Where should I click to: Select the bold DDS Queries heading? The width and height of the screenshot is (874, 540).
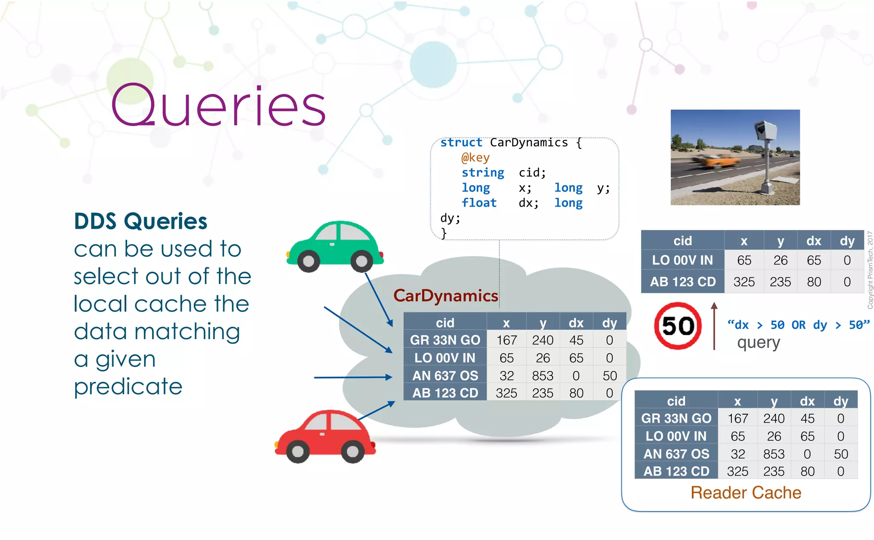[x=140, y=221]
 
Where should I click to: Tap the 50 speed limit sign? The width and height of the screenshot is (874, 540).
[x=678, y=326]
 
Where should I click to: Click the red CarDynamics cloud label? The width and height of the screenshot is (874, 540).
[x=445, y=296]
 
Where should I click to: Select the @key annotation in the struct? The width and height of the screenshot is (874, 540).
[x=475, y=157]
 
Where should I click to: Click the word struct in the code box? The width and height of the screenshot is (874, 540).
[x=461, y=142]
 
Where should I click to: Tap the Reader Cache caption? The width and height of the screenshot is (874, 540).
[x=746, y=493]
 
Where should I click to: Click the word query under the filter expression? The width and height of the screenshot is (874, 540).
[x=758, y=343]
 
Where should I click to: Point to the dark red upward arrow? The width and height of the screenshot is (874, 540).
[x=714, y=326]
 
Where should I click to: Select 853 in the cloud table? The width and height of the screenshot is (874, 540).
[x=542, y=375]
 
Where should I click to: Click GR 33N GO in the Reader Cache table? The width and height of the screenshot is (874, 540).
[x=676, y=418]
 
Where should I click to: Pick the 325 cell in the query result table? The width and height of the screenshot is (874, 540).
[x=744, y=282]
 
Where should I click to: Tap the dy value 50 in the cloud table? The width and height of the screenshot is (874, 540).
[x=609, y=375]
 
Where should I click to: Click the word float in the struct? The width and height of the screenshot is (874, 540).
[x=479, y=203]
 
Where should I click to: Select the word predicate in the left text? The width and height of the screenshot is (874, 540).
[x=128, y=387]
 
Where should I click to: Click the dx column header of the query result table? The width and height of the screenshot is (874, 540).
[x=813, y=241]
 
